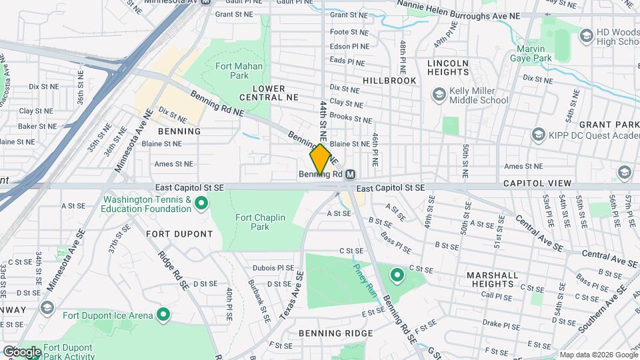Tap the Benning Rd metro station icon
tap(350, 175)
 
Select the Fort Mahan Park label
tap(239, 71)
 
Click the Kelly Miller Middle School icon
tap(439, 95)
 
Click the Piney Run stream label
tap(365, 281)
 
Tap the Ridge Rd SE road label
tap(172, 269)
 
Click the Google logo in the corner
tap(22, 351)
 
